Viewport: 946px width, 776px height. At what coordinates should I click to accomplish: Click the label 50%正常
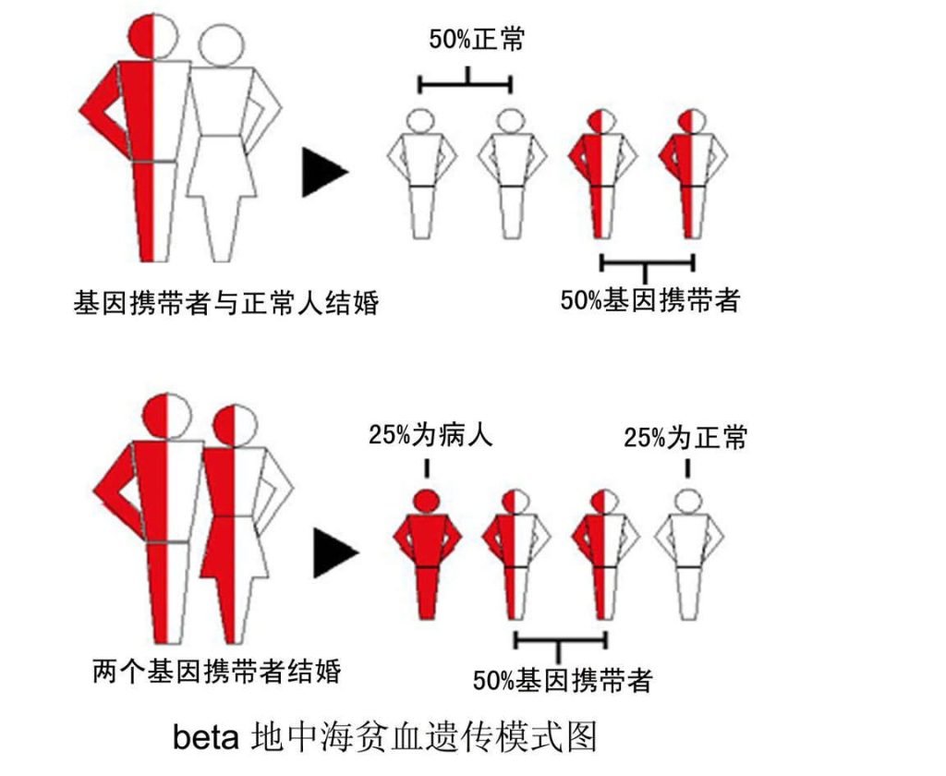tap(477, 40)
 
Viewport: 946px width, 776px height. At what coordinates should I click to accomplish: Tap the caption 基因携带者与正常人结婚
tap(226, 302)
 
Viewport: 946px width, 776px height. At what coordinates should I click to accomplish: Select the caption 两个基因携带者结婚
tap(217, 672)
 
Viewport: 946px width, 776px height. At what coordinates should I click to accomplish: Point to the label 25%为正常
tap(685, 437)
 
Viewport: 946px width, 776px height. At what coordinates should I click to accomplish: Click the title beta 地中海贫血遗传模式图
tap(385, 737)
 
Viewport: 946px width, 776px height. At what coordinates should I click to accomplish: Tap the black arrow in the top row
tap(324, 172)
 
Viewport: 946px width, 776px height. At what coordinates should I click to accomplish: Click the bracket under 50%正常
tap(466, 83)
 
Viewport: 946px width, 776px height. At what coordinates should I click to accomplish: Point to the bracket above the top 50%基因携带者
tap(648, 264)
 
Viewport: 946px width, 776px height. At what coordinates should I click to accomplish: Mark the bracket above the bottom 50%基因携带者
tap(561, 642)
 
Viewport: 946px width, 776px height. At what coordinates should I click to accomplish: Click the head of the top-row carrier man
tap(153, 36)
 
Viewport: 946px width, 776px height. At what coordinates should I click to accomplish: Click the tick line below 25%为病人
tap(427, 469)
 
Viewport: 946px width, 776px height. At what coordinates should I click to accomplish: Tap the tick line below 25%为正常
tap(687, 469)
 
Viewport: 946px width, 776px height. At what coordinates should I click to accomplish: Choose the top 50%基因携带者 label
tap(650, 300)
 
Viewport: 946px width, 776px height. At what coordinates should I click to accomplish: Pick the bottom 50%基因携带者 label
tap(563, 680)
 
